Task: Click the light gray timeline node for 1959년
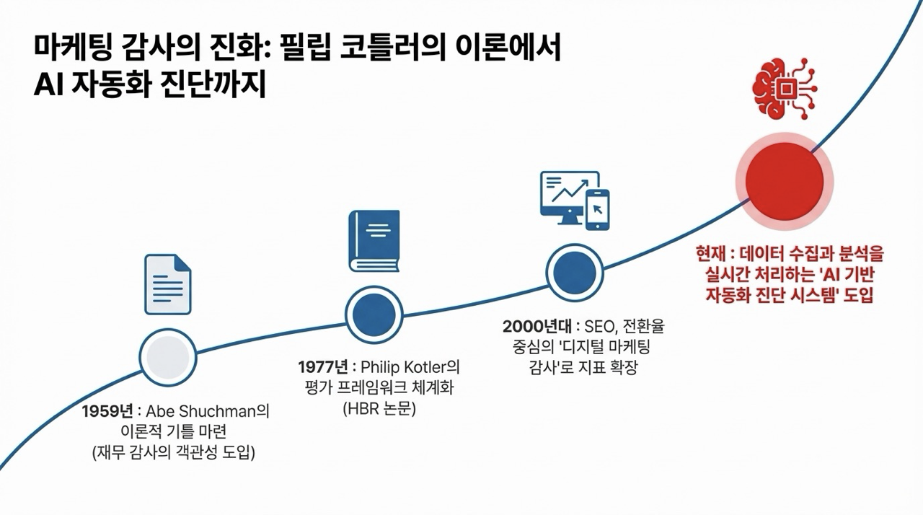[167, 356]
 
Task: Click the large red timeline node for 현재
[784, 180]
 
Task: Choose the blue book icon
[374, 241]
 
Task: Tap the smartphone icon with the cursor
[598, 210]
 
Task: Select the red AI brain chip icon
[784, 88]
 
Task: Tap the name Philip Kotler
[408, 366]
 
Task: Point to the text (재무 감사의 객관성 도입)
[174, 454]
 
